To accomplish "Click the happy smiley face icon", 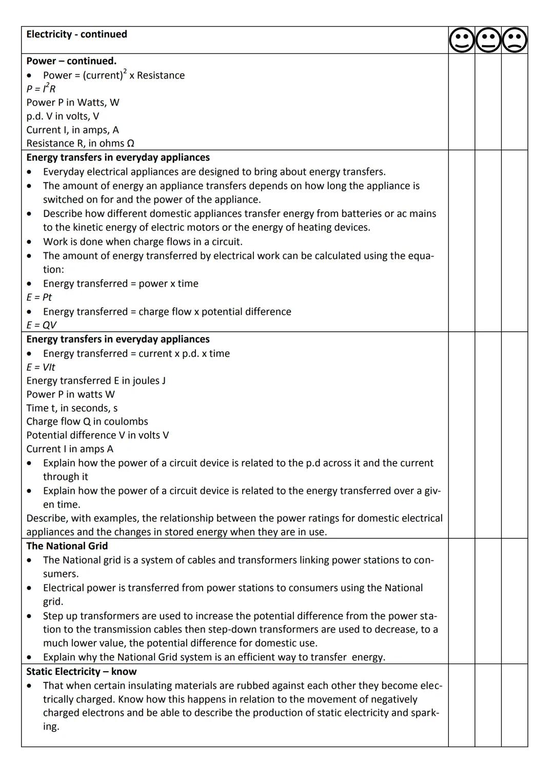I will pyautogui.click(x=462, y=41).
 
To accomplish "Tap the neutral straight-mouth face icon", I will pyautogui.click(x=488, y=41).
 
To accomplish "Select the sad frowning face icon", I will pyautogui.click(x=515, y=41).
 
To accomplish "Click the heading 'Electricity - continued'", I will pyautogui.click(x=76, y=34).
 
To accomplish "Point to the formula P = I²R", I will pyautogui.click(x=41, y=89).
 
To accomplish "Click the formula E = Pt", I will pyautogui.click(x=39, y=297).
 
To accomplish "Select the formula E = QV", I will pyautogui.click(x=41, y=325).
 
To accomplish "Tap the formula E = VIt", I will pyautogui.click(x=41, y=367).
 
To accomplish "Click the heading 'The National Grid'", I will pyautogui.click(x=67, y=546).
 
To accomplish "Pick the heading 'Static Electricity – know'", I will pyautogui.click(x=82, y=672).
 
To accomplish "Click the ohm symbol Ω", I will pyautogui.click(x=130, y=144).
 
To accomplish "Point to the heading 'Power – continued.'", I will pyautogui.click(x=71, y=61).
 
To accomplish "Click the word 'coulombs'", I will pyautogui.click(x=126, y=421).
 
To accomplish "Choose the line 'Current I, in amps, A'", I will pyautogui.click(x=72, y=130).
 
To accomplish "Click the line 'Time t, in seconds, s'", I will pyautogui.click(x=72, y=408).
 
